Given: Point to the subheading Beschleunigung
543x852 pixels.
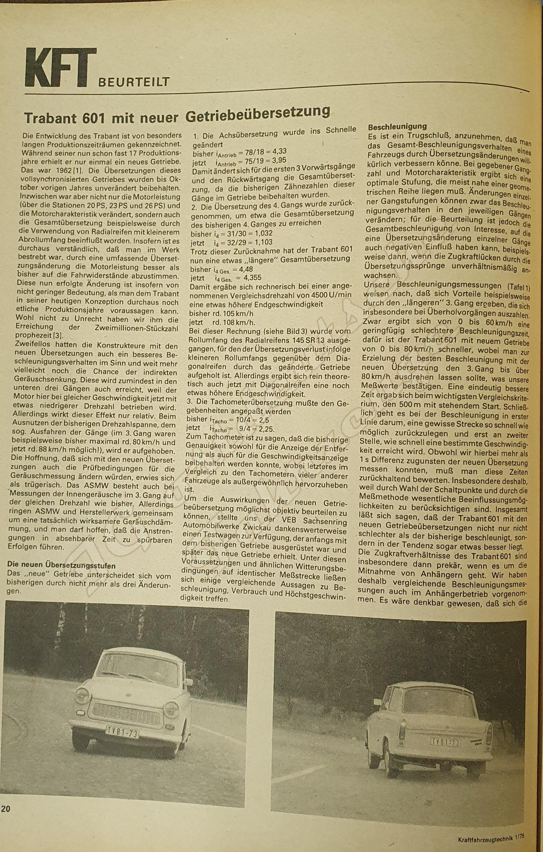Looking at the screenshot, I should tap(397, 126).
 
